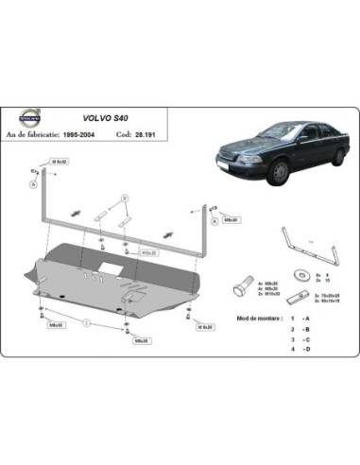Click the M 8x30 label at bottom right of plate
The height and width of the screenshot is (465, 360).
204,327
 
